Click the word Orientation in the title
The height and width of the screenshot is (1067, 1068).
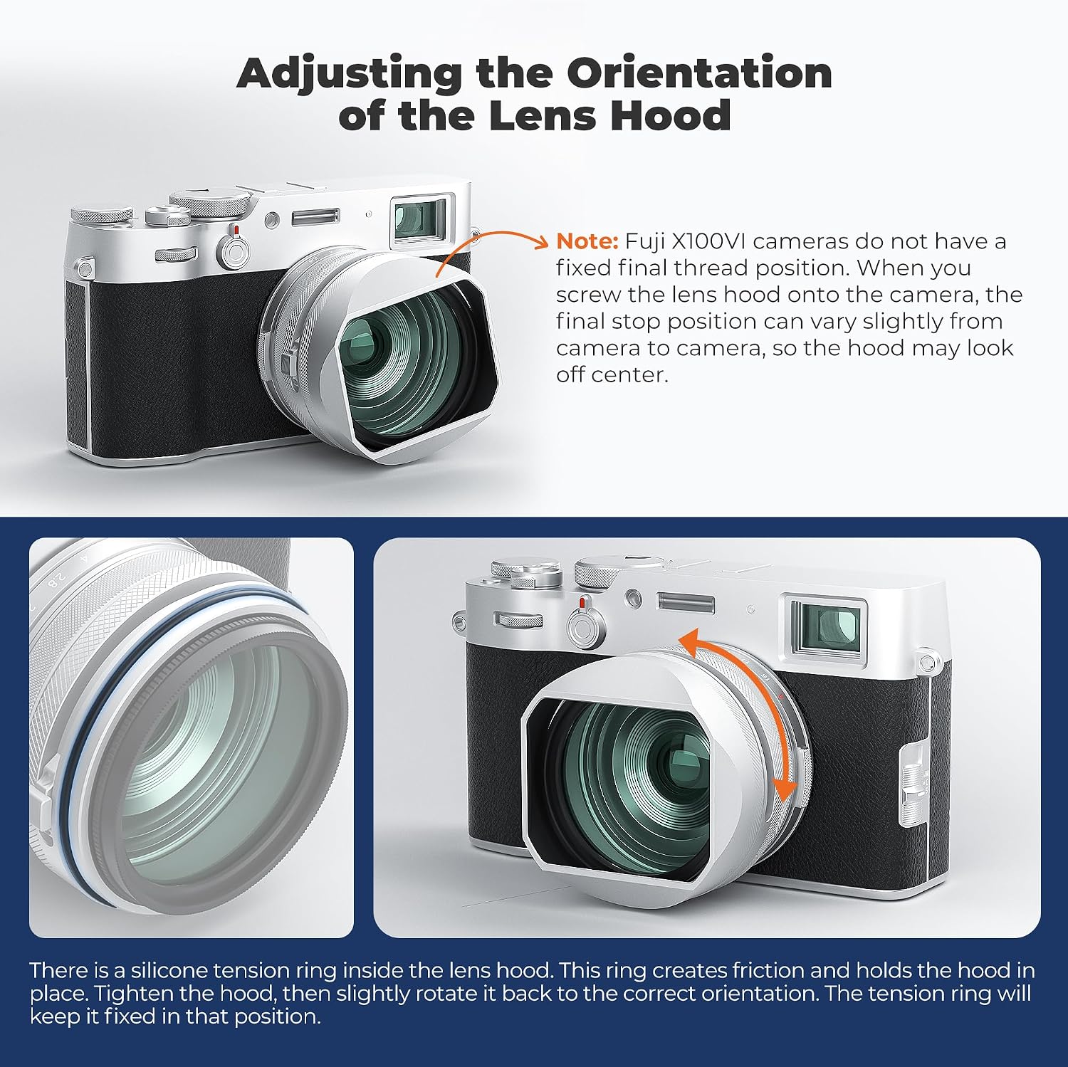699,73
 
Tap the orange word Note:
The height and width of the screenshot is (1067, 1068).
587,241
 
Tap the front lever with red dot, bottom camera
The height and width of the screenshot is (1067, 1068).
585,621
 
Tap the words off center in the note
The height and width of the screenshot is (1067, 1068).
612,374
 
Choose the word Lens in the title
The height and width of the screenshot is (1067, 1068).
545,115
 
